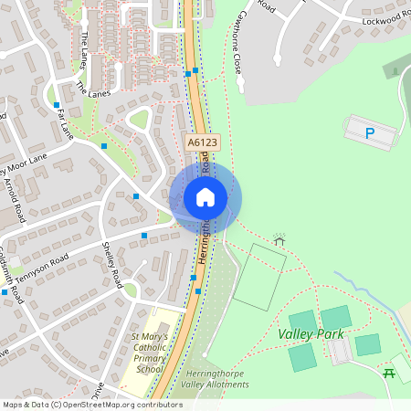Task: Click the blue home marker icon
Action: click(x=205, y=197)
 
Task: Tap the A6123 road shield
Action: click(x=203, y=143)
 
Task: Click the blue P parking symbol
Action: click(x=370, y=133)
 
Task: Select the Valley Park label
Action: click(x=311, y=334)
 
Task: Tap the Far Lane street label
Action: click(x=63, y=122)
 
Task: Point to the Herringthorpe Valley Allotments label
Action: click(x=216, y=379)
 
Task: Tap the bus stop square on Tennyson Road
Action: click(x=144, y=236)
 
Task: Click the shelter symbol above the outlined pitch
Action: click(x=279, y=237)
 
